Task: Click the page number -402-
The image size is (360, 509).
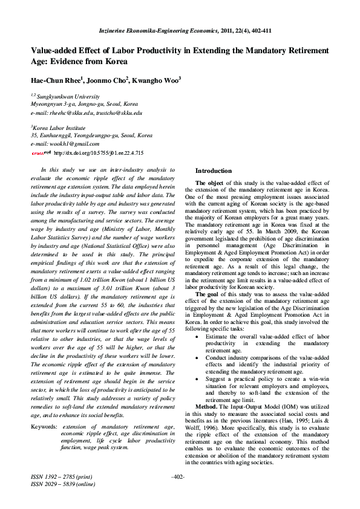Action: click(x=178, y=478)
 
